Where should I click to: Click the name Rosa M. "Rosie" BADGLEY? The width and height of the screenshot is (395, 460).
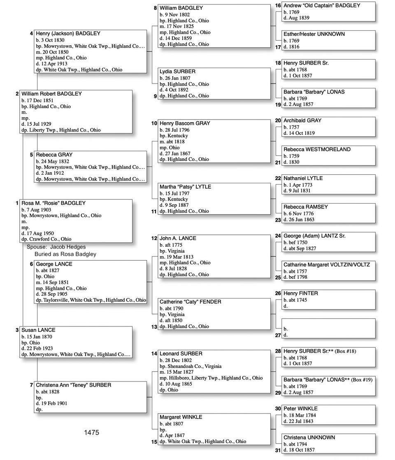[53, 203]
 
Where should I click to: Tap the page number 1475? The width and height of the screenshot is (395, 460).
[91, 432]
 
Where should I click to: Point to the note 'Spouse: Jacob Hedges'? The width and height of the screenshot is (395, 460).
[56, 247]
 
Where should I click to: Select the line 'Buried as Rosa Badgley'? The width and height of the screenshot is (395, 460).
[65, 254]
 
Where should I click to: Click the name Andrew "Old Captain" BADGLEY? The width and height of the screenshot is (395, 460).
[322, 6]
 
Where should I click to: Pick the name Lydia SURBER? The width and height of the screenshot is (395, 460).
[177, 72]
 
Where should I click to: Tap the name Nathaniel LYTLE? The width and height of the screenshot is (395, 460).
[303, 178]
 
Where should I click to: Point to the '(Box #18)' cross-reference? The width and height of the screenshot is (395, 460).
[345, 351]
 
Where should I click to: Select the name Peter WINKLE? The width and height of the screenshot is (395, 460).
[300, 409]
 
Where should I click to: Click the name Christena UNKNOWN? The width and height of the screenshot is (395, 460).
[309, 437]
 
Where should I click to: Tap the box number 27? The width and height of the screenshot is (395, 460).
[278, 335]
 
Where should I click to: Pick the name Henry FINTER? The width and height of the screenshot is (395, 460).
[301, 294]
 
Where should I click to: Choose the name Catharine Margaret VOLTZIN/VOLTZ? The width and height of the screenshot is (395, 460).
[327, 265]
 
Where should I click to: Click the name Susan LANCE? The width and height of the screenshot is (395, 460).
[38, 330]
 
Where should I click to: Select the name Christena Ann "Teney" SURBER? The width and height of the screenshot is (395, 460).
[73, 385]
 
